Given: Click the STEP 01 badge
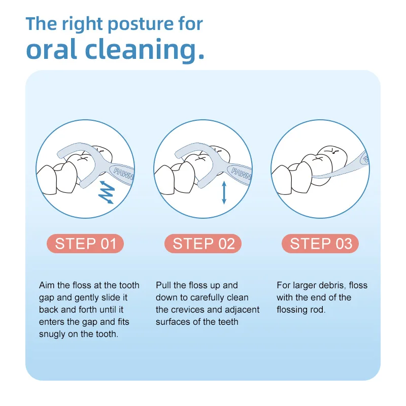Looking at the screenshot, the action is pos(85,244).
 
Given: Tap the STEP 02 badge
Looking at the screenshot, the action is pos(203,244).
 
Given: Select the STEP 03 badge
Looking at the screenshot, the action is pos(320,244).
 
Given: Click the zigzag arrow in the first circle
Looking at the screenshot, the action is pos(107,192).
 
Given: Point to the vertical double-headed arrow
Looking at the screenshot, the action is pos(224,192).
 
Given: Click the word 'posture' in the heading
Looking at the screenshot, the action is pos(141,24).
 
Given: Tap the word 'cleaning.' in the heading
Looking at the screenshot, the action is pos(145,49).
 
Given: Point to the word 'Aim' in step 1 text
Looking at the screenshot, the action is pos(47,285).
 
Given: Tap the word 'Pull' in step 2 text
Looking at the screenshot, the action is pos(163,285).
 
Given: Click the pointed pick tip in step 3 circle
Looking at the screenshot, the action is pos(313,177).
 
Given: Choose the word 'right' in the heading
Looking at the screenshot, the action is pos(82,24).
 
